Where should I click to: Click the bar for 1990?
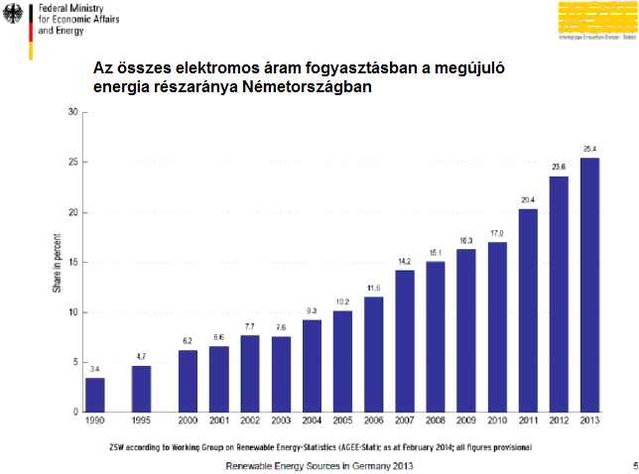[x=94, y=395]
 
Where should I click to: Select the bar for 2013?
[x=589, y=286]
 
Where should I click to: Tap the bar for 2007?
[x=404, y=341]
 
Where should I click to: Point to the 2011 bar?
[x=528, y=310]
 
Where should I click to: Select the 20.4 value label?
[x=528, y=199]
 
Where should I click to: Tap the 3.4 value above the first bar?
[x=94, y=369]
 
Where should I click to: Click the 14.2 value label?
[x=404, y=262]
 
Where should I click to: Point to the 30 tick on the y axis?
[x=72, y=112]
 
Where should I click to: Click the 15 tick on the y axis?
[x=72, y=262]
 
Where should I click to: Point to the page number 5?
[x=633, y=465]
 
